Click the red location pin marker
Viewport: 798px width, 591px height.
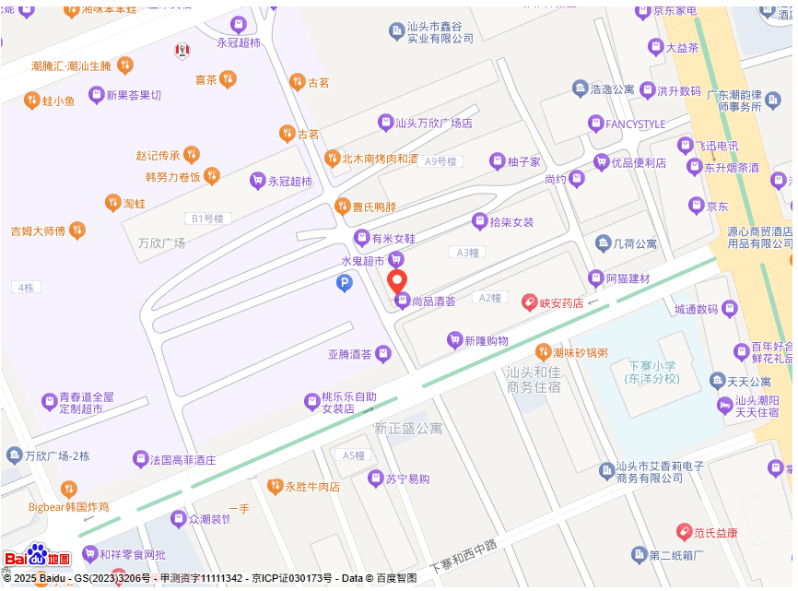click(x=397, y=281)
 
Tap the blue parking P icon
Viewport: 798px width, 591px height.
click(x=345, y=285)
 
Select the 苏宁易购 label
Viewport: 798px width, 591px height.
click(x=406, y=479)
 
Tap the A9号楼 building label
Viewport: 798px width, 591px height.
click(x=440, y=161)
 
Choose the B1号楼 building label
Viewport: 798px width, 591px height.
click(x=205, y=219)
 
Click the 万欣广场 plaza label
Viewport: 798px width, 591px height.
click(x=161, y=243)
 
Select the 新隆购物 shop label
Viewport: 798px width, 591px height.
click(x=486, y=341)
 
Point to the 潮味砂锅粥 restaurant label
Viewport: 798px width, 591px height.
click(x=580, y=352)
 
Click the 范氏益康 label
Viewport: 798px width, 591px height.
click(x=715, y=532)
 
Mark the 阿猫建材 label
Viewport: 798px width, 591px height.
click(x=627, y=278)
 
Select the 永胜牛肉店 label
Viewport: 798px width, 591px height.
click(x=311, y=486)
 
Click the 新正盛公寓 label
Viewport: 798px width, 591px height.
click(x=408, y=429)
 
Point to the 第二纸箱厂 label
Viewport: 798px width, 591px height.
click(x=676, y=555)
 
